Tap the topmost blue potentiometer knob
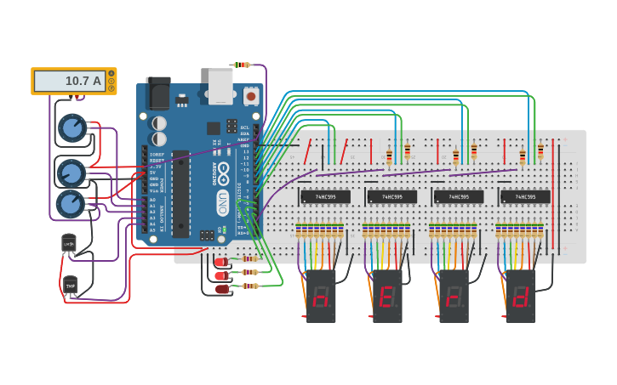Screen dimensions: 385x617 coord(72,128)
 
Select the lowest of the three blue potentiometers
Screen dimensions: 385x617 coord(70,204)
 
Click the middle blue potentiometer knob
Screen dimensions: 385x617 coord(71,173)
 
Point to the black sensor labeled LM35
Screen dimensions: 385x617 coord(69,244)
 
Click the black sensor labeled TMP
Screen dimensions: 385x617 coord(71,286)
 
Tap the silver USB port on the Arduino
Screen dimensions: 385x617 coord(220,86)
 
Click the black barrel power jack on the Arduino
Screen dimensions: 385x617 coord(158,93)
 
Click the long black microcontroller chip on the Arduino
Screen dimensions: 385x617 coord(180,194)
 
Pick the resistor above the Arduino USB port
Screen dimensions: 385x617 coord(243,65)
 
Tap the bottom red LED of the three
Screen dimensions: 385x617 coord(222,289)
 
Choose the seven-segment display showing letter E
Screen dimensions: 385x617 coord(387,297)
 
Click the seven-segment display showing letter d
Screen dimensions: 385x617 coord(520,297)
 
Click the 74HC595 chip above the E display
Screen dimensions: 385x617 coord(391,196)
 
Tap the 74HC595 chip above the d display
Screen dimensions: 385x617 coord(524,196)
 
